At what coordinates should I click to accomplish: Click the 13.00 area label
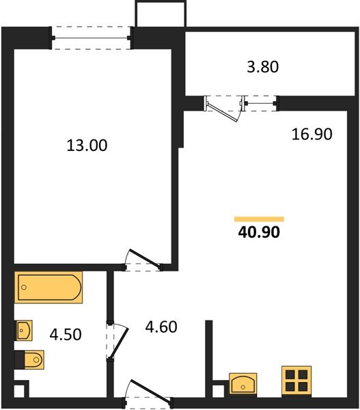tap(87, 145)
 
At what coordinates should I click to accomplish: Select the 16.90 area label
tap(311, 134)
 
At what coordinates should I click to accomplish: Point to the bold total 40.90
tap(259, 232)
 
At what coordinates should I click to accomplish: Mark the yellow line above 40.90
tap(259, 219)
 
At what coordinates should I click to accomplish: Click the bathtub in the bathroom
tap(49, 287)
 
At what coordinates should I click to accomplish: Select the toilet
tap(30, 359)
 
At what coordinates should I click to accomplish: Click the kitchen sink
tap(244, 384)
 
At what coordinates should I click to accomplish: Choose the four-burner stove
tap(296, 380)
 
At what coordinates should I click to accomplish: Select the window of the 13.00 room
tap(92, 37)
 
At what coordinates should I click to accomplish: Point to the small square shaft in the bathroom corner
tap(20, 392)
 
